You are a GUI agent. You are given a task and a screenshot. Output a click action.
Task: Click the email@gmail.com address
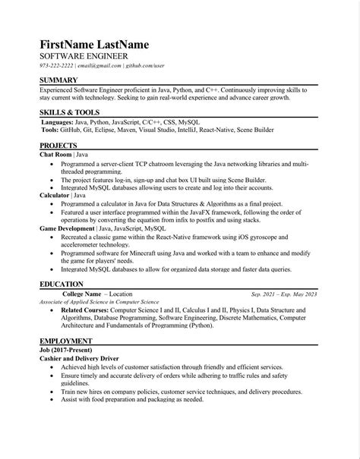point(99,66)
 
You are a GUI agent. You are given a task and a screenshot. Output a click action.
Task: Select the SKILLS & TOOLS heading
point(69,112)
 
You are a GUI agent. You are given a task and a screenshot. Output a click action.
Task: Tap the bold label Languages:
point(58,121)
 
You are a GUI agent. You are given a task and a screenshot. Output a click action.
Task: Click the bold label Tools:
point(49,130)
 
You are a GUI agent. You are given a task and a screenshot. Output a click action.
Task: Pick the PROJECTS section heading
point(58,145)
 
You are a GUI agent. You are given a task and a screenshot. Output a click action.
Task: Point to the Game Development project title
point(68,228)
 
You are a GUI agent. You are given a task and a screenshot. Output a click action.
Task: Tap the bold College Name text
point(82,294)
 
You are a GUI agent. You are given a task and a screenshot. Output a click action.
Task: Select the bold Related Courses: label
point(84,310)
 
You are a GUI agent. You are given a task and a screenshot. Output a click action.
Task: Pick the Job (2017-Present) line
point(65,351)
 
